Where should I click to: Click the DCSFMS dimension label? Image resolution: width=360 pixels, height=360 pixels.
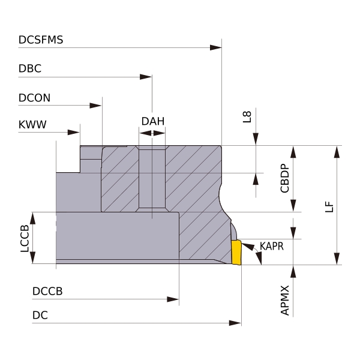[x=41, y=40]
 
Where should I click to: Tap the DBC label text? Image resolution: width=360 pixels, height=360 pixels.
[x=30, y=68]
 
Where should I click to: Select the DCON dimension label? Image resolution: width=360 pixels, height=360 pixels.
[x=34, y=98]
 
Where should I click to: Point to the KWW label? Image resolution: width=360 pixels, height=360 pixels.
[x=32, y=124]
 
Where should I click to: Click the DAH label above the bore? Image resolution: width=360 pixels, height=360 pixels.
[x=153, y=121]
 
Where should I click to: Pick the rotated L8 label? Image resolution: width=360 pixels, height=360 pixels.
[x=247, y=117]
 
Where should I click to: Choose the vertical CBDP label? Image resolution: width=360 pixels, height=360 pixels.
[x=284, y=178]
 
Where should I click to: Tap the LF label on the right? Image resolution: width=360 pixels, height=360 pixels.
[x=329, y=207]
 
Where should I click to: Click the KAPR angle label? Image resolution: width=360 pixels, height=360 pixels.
[x=272, y=246]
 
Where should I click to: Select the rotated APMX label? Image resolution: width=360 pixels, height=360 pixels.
[x=284, y=301]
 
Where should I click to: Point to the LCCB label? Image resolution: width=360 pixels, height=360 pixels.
[x=25, y=238]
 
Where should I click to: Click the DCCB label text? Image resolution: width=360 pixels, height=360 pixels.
[x=47, y=291]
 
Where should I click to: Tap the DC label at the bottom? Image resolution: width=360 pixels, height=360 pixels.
[x=40, y=315]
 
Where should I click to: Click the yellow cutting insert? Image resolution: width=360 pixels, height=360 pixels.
[x=236, y=252]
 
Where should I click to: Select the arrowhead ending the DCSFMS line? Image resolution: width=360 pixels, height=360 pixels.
[x=216, y=48]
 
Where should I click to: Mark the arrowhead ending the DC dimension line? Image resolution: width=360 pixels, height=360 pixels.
[x=235, y=323]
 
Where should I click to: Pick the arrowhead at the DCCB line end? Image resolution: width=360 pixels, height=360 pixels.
[x=173, y=299]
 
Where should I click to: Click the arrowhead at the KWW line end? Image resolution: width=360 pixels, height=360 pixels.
[x=74, y=132]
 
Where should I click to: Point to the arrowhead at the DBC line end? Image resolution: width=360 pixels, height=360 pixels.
[x=146, y=77]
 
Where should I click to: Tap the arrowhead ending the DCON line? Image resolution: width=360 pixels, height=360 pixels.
[x=95, y=106]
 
